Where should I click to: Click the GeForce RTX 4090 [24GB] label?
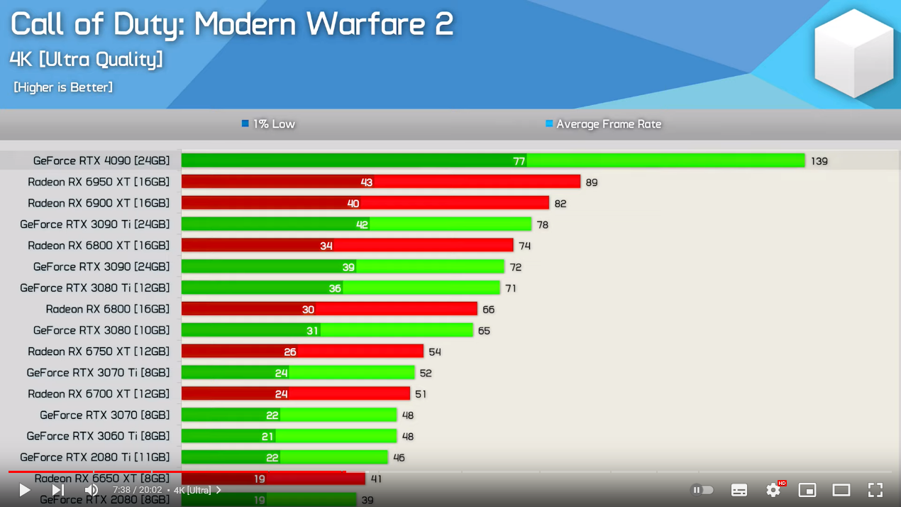point(101,160)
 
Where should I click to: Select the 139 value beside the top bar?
point(819,161)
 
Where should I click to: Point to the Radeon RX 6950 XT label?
point(99,182)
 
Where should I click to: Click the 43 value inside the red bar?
point(366,182)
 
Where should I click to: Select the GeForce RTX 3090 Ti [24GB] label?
point(95,224)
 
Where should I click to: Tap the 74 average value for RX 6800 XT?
point(524,246)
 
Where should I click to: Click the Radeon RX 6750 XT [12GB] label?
point(99,351)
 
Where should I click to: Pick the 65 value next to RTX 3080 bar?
point(484,331)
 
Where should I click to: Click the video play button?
point(24,490)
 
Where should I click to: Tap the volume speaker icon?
point(92,490)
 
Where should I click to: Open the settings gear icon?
point(773,490)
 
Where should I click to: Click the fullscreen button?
point(875,490)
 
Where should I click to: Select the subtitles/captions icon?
point(739,490)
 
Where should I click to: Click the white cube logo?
point(853,53)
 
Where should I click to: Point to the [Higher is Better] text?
point(63,87)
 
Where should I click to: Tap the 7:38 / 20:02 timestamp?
point(138,490)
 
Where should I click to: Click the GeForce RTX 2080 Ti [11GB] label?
point(95,457)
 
